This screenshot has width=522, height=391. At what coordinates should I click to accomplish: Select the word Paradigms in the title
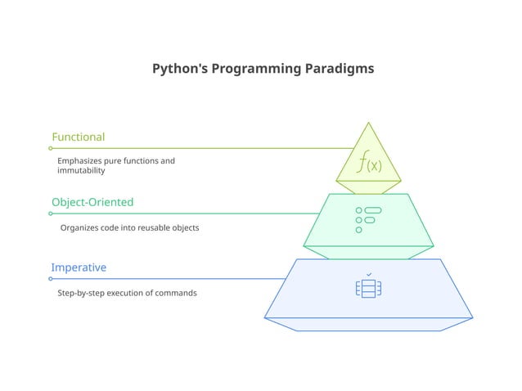tap(339, 69)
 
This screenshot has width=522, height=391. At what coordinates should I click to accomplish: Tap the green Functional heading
tap(78, 137)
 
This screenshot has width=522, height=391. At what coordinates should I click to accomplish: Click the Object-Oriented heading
tap(92, 202)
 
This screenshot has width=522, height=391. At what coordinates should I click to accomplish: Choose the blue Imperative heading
tap(79, 267)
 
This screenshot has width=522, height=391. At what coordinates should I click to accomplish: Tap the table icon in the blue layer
tap(368, 289)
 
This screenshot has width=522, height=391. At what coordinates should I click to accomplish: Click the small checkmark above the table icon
tap(369, 274)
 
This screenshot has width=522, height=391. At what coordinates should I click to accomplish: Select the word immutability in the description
tap(81, 171)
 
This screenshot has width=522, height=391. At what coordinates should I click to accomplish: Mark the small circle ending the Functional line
tap(50, 148)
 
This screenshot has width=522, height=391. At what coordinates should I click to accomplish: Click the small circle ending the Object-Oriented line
tap(50, 213)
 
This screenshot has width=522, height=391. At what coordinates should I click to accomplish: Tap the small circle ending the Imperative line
tap(50, 279)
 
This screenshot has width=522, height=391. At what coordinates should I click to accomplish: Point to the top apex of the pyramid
tap(368, 124)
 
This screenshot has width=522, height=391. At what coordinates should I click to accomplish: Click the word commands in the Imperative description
tap(178, 293)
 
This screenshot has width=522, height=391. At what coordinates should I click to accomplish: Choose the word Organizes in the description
tap(80, 227)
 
